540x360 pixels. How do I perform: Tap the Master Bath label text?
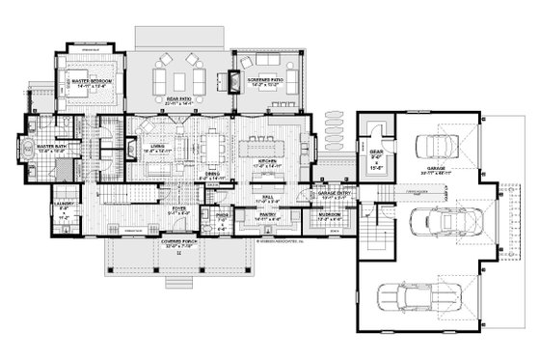pos(47,122)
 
